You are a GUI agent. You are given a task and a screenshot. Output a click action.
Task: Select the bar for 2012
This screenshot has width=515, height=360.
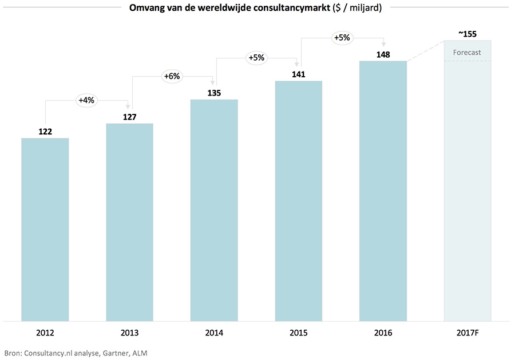(45, 229)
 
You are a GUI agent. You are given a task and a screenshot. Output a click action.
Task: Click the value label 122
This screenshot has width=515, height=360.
(45, 132)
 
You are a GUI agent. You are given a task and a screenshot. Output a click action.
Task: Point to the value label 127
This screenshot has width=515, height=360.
(130, 117)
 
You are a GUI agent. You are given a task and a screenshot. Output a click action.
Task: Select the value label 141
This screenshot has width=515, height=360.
(298, 74)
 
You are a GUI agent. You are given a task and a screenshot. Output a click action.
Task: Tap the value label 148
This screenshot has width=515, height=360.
(383, 54)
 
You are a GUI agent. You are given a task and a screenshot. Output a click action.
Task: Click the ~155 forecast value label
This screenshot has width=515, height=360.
(467, 34)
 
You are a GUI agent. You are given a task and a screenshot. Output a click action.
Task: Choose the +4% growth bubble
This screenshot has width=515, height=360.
(86, 100)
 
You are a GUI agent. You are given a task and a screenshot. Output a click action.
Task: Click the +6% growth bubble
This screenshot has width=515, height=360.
(171, 76)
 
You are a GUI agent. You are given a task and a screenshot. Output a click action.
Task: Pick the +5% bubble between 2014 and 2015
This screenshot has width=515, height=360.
(256, 57)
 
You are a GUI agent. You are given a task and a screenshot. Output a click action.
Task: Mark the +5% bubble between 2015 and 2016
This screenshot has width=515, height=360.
(341, 38)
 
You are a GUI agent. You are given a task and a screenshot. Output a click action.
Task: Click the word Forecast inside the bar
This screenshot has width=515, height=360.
(467, 53)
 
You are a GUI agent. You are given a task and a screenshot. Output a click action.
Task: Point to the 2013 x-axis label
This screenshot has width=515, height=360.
(130, 333)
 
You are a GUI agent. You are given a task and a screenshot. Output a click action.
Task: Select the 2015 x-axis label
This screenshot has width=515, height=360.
(298, 333)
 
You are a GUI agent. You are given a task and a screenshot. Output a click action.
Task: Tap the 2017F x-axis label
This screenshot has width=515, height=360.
(467, 333)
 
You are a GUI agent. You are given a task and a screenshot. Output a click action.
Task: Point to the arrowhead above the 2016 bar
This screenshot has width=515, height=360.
(383, 46)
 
